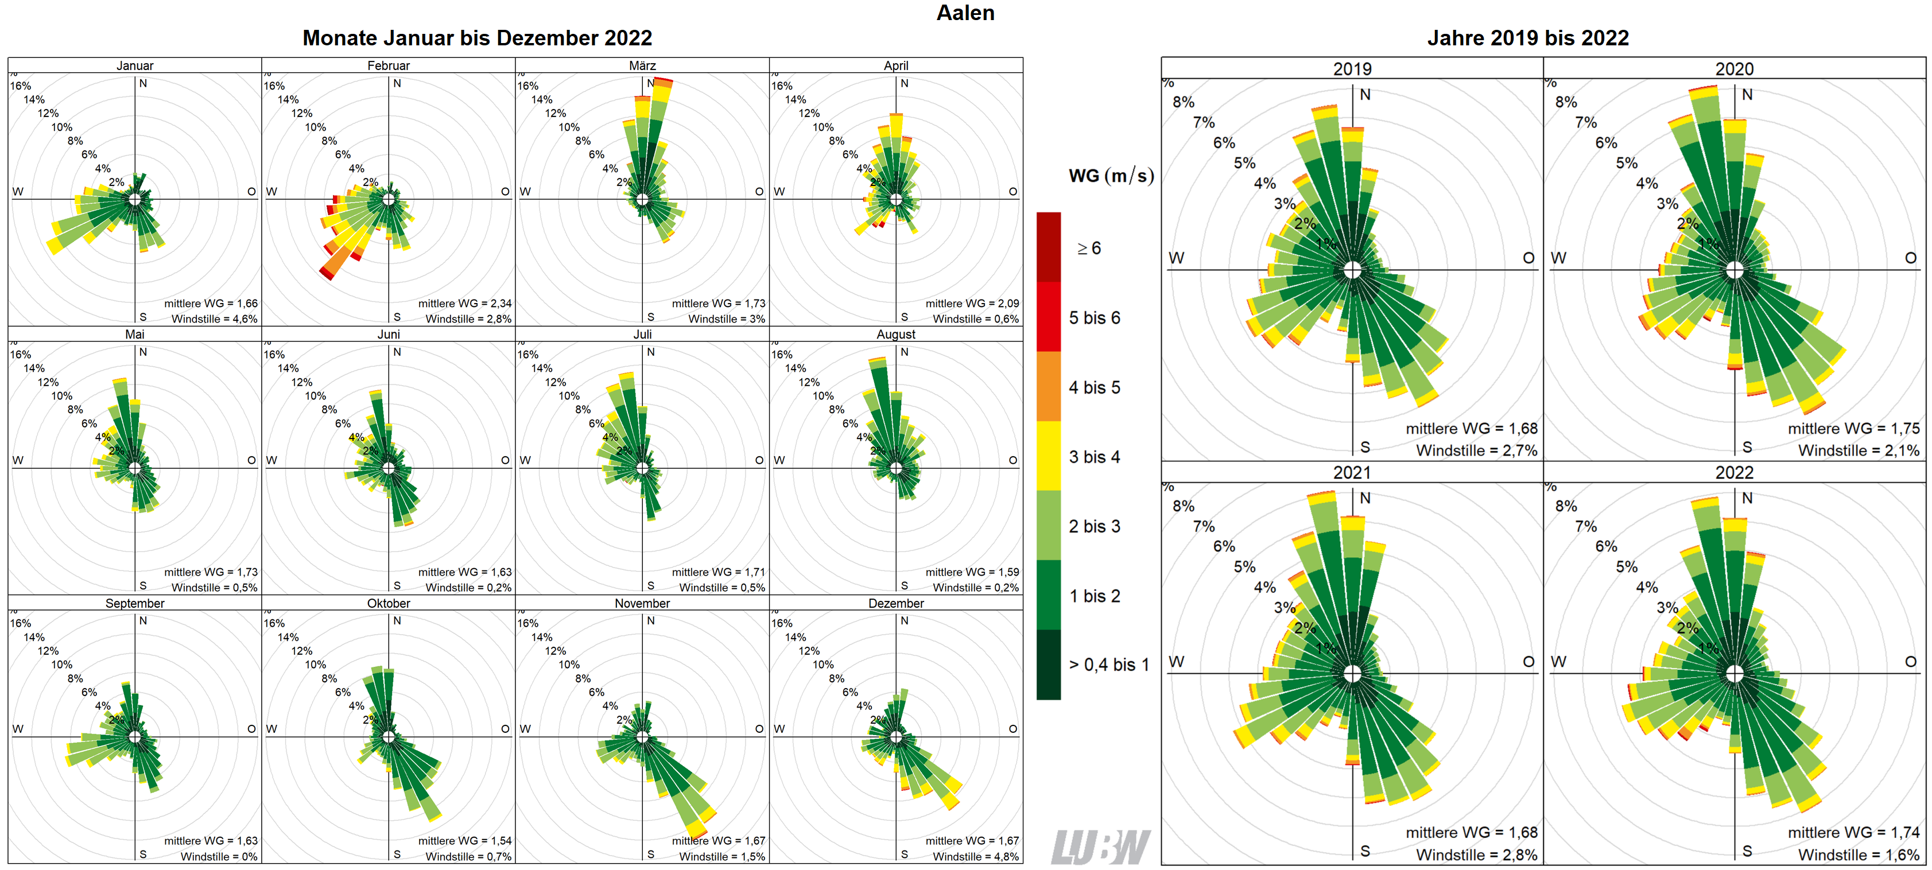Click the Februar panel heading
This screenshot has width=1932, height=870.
pos(389,65)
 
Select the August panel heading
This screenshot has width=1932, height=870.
pos(895,334)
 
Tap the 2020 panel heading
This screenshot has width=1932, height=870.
pos(1734,69)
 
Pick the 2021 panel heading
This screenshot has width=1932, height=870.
pos(1352,472)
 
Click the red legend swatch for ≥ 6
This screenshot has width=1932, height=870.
pos(1049,247)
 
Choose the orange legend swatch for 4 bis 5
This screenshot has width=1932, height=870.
pos(1049,386)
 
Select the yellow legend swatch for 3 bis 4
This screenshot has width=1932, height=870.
pos(1049,456)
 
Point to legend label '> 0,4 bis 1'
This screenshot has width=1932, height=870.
pos(1108,665)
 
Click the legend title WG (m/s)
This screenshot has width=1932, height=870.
pos(1111,176)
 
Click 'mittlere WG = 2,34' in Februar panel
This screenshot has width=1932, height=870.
pos(464,303)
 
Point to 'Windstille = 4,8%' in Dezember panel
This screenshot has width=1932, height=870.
pos(975,856)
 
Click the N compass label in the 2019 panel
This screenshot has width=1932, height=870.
pos(1365,95)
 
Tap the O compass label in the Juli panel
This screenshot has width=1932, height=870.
pos(759,460)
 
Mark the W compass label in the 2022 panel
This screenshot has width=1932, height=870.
pos(1558,662)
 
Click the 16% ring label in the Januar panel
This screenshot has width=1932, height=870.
pos(20,86)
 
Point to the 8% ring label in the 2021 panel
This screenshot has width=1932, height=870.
pos(1184,506)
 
